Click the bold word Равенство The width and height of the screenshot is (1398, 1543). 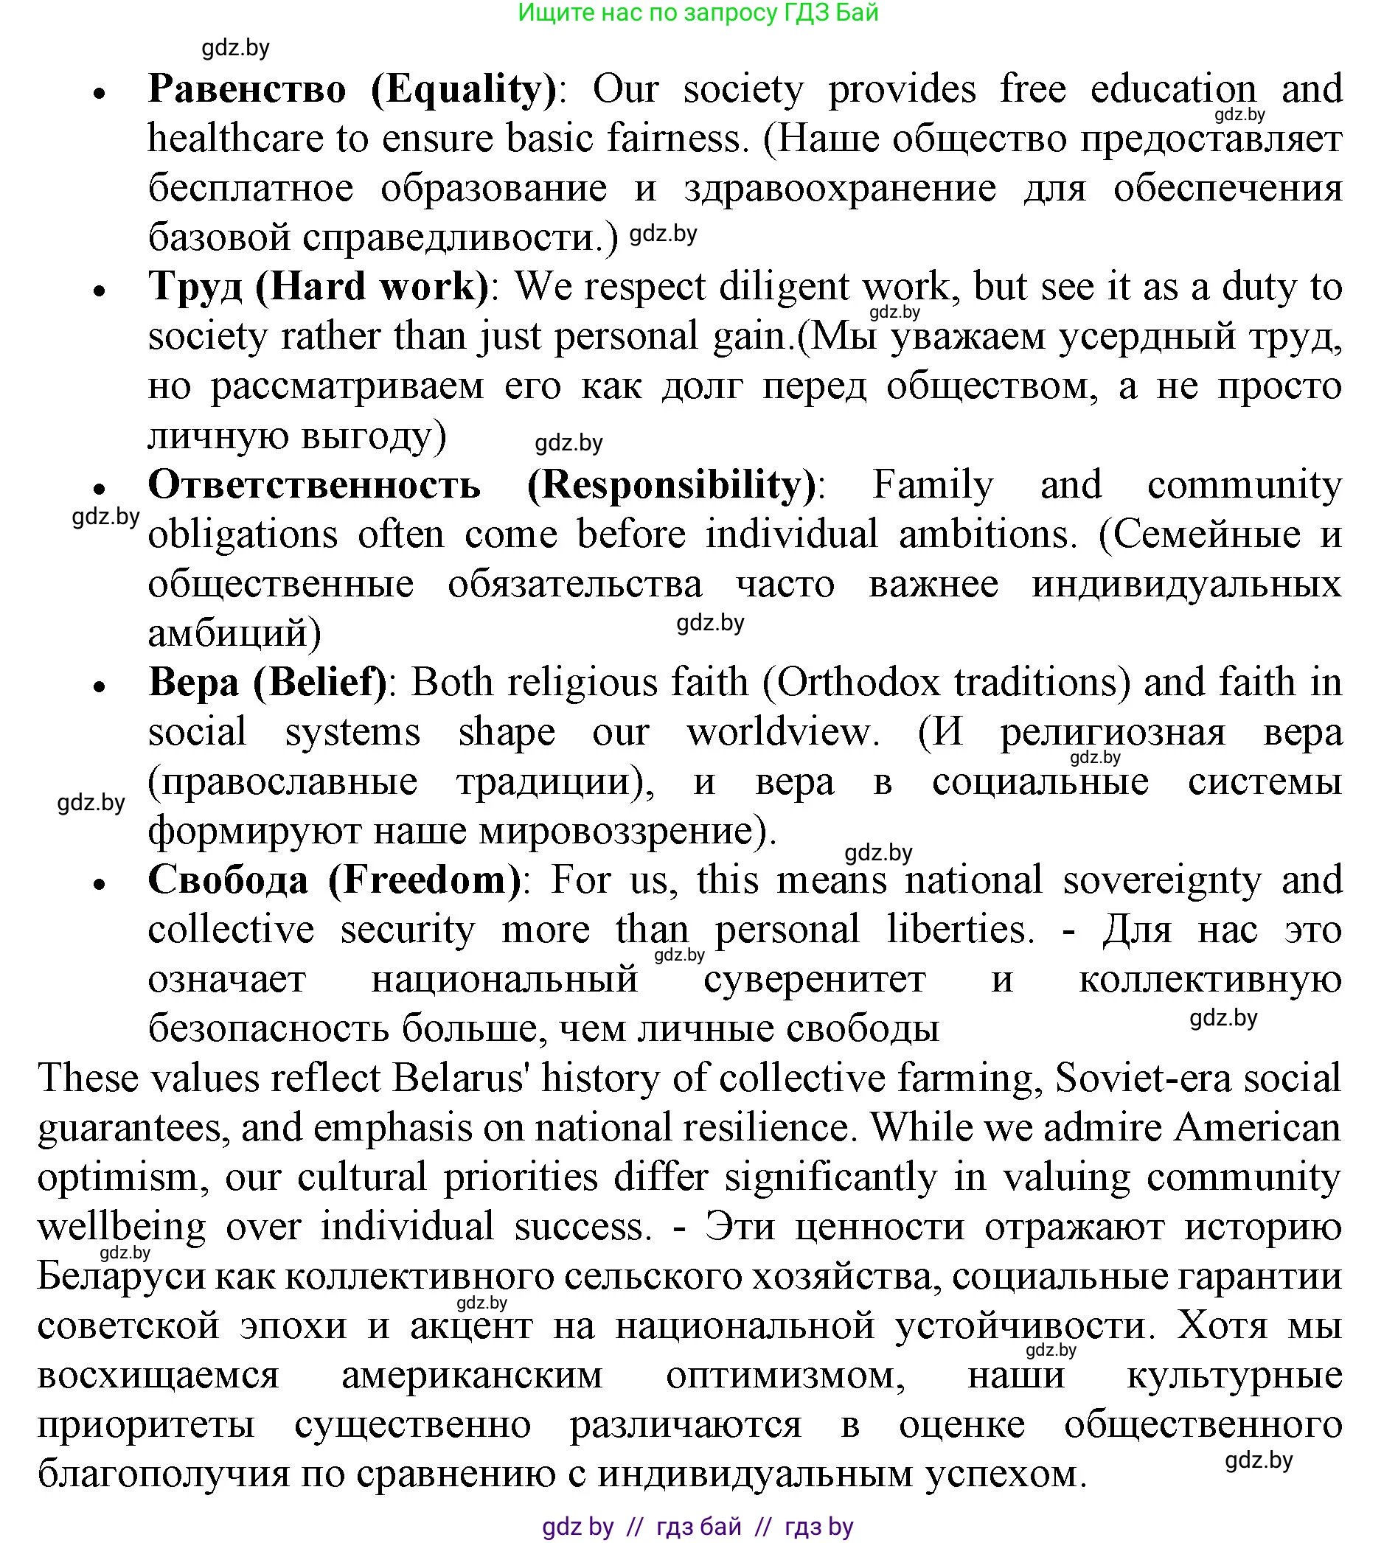(247, 88)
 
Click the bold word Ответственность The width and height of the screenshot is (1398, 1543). (314, 484)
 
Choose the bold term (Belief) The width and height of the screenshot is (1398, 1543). (320, 683)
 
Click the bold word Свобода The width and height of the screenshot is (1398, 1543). (228, 880)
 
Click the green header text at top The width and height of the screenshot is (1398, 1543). (698, 13)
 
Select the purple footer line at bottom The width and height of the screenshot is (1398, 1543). (698, 1527)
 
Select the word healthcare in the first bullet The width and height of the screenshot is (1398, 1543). (236, 139)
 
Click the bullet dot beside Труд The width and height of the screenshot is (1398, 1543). (99, 292)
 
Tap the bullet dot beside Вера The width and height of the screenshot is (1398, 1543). (99, 687)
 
